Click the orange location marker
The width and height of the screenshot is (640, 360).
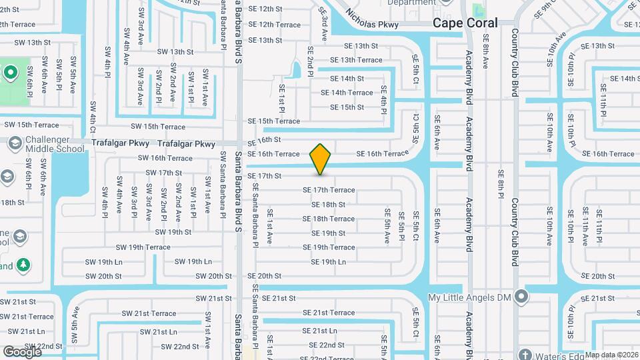pos(321,159)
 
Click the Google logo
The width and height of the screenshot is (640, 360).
pos(22,351)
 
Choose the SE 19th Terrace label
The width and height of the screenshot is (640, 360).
pos(333,247)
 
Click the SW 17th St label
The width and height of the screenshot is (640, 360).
pos(164,173)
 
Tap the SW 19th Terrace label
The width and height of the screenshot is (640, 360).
pos(141,247)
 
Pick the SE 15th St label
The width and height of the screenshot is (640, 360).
pos(347,107)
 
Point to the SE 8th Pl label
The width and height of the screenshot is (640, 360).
pos(500,185)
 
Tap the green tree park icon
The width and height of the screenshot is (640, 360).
pos(23,265)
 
